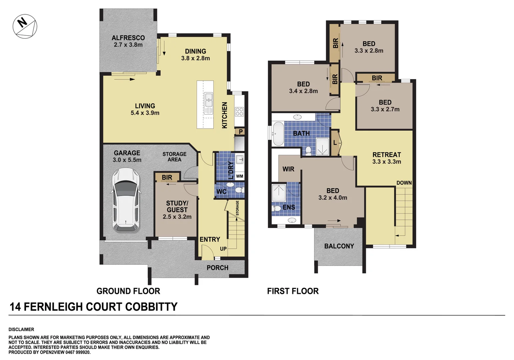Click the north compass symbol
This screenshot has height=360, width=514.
click(x=25, y=26)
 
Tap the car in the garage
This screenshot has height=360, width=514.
click(x=125, y=200)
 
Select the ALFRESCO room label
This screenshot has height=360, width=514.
click(x=128, y=38)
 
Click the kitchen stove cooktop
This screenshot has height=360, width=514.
click(x=239, y=111)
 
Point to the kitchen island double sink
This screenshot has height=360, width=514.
click(x=208, y=100)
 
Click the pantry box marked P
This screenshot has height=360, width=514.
click(x=240, y=132)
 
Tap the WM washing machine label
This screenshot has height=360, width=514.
click(x=239, y=176)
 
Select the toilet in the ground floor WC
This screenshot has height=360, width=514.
click(x=238, y=190)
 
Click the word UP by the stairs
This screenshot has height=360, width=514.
click(x=223, y=249)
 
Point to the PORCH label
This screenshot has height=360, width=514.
click(x=217, y=268)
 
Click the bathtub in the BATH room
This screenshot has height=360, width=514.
click(x=278, y=134)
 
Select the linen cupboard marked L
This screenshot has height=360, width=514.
click(x=335, y=143)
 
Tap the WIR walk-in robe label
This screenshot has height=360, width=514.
click(x=288, y=169)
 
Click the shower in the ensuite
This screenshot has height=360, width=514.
click(x=279, y=192)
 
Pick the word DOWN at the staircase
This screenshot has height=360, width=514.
click(x=404, y=183)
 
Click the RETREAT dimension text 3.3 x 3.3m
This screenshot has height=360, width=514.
click(x=387, y=162)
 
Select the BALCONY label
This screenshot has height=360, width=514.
click(x=339, y=246)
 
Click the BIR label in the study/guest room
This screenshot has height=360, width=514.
click(x=167, y=177)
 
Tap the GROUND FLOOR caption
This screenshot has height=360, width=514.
click(x=128, y=291)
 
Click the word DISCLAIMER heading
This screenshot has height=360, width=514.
click(x=21, y=329)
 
